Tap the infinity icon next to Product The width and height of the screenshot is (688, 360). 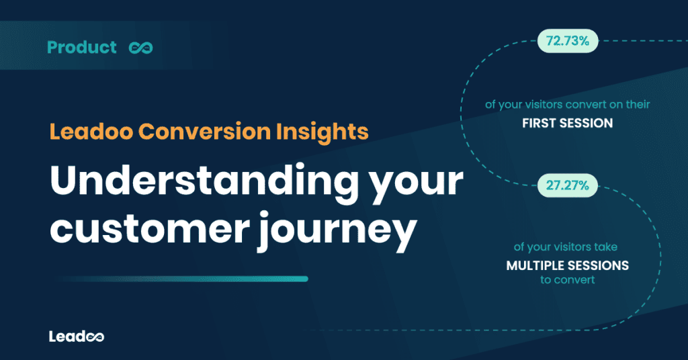[142, 48]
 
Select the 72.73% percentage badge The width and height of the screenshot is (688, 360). [567, 42]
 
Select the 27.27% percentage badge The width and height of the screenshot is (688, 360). [567, 185]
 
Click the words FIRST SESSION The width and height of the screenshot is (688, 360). [567, 124]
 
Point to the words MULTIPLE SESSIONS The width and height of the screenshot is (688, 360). [567, 265]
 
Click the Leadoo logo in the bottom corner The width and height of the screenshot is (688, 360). [76, 336]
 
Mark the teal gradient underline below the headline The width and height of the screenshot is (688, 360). [181, 279]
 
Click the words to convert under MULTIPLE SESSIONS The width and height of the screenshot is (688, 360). [567, 280]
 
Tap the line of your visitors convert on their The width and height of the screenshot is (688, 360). [567, 105]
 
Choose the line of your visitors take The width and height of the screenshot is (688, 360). [567, 247]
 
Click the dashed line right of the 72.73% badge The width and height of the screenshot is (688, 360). [638, 42]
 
